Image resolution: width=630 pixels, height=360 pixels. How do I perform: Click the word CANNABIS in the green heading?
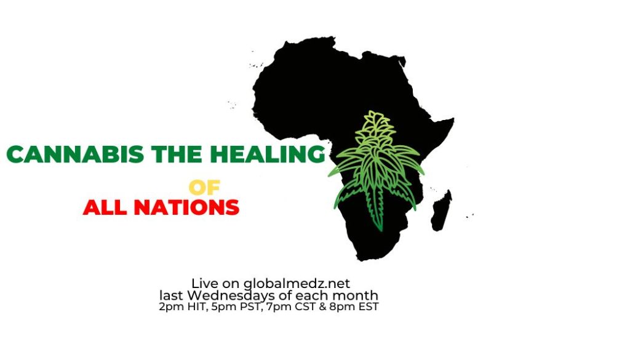[x=75, y=154]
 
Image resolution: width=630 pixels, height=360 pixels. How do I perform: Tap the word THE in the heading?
[x=177, y=154]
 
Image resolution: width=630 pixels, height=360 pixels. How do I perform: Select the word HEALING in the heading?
[x=267, y=154]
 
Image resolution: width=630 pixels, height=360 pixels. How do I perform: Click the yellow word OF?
[x=204, y=187]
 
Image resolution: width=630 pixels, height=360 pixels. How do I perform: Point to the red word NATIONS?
[x=186, y=207]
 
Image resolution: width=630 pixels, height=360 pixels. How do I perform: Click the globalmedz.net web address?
[x=297, y=284]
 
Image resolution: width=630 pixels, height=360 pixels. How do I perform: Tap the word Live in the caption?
[x=204, y=283]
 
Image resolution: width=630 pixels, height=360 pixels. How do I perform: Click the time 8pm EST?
[x=356, y=307]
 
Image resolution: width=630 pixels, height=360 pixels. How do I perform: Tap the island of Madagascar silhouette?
[x=441, y=210]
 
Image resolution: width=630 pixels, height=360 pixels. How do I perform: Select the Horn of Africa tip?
[x=453, y=119]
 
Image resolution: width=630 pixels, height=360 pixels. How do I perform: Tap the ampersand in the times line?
[x=325, y=307]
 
